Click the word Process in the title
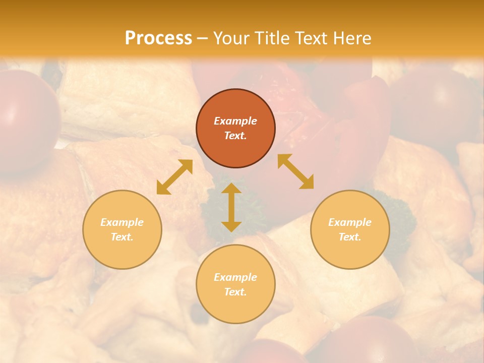pyautogui.click(x=158, y=38)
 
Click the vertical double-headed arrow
pyautogui.click(x=231, y=207)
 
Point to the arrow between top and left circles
pyautogui.click(x=174, y=177)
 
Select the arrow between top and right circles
pyautogui.click(x=296, y=171)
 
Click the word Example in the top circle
pyautogui.click(x=235, y=121)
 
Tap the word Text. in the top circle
pyautogui.click(x=235, y=136)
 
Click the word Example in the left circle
pyautogui.click(x=122, y=222)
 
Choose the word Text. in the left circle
pyautogui.click(x=122, y=237)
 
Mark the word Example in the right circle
pyautogui.click(x=350, y=222)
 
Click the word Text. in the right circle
pyautogui.click(x=350, y=237)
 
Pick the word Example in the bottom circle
pyautogui.click(x=235, y=277)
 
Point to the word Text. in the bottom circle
pyautogui.click(x=235, y=292)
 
